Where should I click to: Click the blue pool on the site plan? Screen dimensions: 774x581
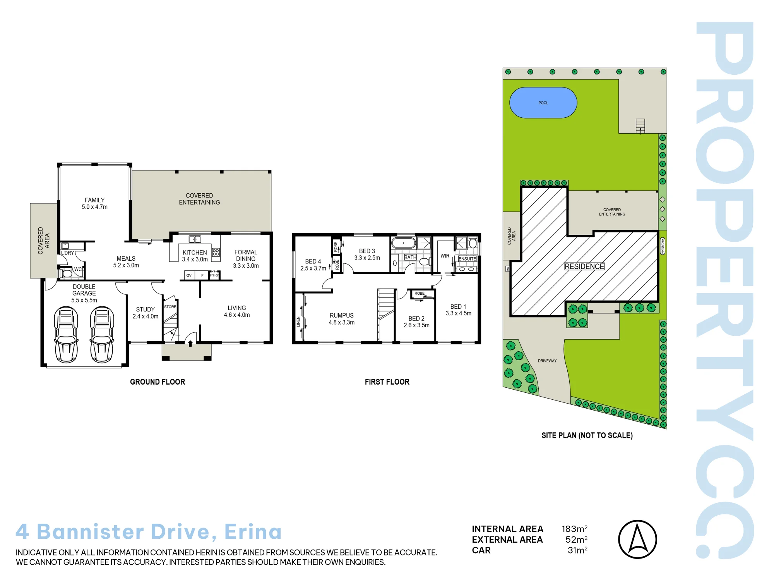[x=543, y=103]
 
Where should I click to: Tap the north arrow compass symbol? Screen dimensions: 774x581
[x=637, y=539]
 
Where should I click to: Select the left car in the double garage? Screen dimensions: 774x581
[x=66, y=335]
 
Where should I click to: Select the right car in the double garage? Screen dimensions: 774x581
[x=102, y=335]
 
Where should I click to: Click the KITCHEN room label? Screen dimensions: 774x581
[x=195, y=253]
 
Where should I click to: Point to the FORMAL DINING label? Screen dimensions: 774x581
[x=246, y=256]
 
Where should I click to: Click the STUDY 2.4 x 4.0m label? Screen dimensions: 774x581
[x=146, y=313]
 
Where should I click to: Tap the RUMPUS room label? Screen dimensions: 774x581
[x=342, y=316]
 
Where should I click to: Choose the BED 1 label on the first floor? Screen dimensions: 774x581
[x=458, y=307]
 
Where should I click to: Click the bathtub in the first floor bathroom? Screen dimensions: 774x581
[x=403, y=243]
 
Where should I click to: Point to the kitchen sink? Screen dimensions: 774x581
[x=195, y=239]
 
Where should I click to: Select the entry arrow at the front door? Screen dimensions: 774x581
[x=190, y=343]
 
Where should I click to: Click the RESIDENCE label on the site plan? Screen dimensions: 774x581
[x=584, y=266]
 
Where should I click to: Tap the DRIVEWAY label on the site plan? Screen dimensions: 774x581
[x=547, y=361]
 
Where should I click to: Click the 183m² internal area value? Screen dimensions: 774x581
[x=575, y=529]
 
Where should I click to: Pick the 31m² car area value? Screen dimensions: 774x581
[x=577, y=550]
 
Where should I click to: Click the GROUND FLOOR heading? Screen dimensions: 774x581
[x=158, y=382]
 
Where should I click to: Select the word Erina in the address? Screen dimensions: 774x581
[x=253, y=531]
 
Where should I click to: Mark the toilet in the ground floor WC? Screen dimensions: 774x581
[x=67, y=273]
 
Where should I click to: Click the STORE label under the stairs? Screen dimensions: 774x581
[x=170, y=307]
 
